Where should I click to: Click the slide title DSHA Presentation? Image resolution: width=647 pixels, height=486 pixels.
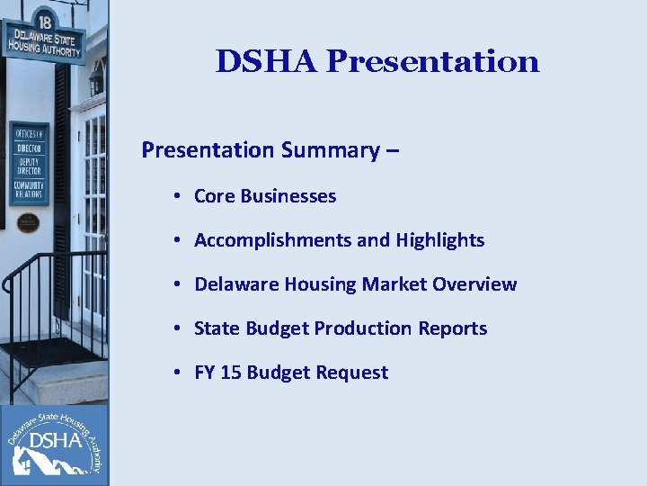point(377,61)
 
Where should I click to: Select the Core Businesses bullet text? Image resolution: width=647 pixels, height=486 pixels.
point(265,196)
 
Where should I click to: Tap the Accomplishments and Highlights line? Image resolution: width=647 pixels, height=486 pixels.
point(339,240)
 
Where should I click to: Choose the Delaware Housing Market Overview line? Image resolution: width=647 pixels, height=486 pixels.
point(355,284)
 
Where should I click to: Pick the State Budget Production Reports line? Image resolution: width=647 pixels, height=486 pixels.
point(341,328)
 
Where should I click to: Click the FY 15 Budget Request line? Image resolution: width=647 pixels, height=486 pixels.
point(291,373)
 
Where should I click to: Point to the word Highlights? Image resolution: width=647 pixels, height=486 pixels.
point(440,240)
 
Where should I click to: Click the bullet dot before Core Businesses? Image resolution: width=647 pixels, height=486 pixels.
point(180,197)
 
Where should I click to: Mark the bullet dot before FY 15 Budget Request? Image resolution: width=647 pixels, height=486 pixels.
point(180,373)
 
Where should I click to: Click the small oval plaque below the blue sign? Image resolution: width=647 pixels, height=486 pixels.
point(28,221)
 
